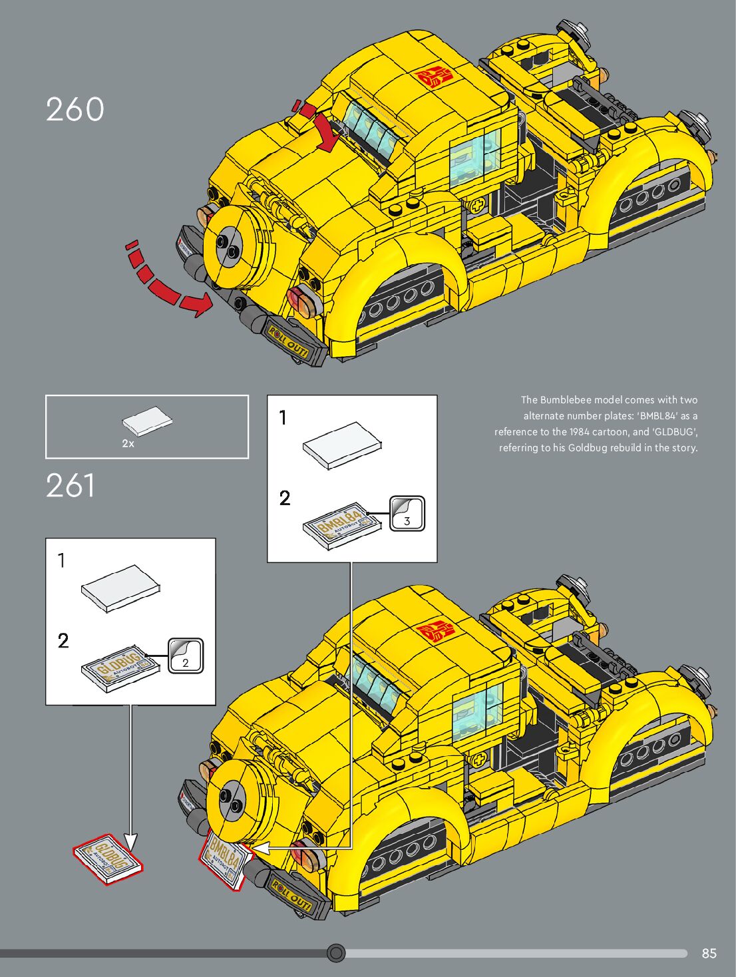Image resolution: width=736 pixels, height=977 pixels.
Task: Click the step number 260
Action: [x=75, y=110]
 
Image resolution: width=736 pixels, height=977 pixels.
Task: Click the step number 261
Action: [x=71, y=486]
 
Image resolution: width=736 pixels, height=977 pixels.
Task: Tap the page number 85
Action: [x=709, y=953]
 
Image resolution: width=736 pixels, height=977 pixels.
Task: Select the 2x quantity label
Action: [x=128, y=443]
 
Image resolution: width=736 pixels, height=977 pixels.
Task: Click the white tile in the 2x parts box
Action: [x=147, y=421]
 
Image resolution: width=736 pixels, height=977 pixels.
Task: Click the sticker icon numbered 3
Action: [x=407, y=514]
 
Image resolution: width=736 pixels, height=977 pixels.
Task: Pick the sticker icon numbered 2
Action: [x=186, y=656]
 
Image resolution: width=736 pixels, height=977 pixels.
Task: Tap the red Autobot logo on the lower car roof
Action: [x=436, y=630]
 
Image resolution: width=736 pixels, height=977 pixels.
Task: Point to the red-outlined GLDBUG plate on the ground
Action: [x=108, y=859]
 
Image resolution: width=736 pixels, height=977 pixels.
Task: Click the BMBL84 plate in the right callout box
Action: [x=342, y=526]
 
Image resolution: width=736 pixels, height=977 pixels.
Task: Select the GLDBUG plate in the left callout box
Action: [x=120, y=668]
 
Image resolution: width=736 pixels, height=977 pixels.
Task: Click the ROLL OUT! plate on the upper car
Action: [x=289, y=341]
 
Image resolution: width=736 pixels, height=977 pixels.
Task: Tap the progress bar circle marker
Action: [x=336, y=953]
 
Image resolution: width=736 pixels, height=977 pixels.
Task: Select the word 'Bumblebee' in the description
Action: [x=566, y=400]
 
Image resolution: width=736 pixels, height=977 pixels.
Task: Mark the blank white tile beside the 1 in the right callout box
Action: [x=342, y=445]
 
